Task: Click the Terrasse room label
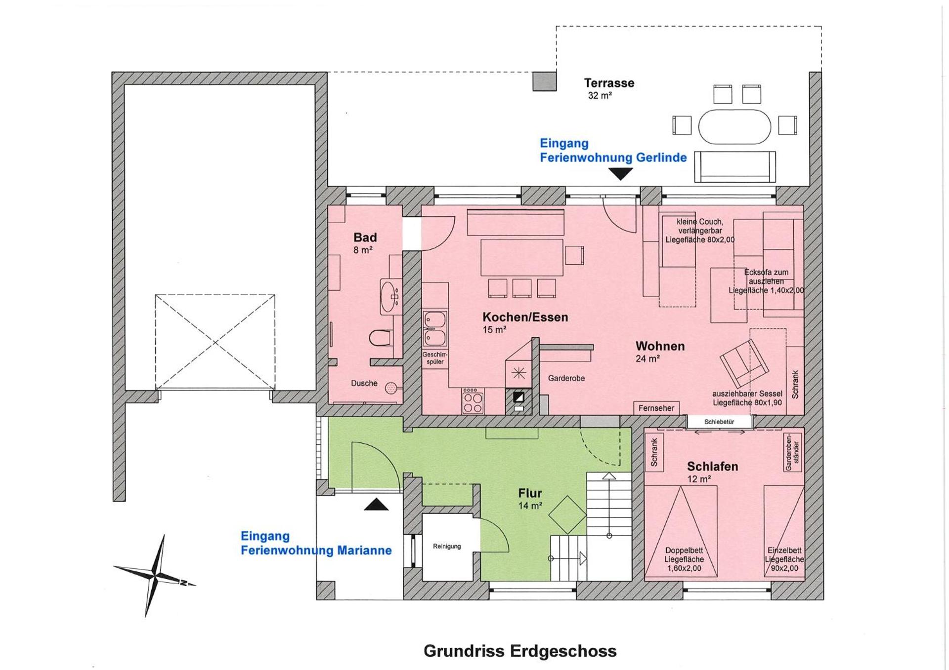pos(609,83)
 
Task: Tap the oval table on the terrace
pos(734,127)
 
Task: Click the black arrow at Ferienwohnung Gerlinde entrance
pos(620,174)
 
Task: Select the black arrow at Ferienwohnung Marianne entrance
pos(376,505)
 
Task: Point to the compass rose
pos(156,576)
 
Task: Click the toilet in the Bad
pos(380,338)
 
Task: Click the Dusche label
pos(364,383)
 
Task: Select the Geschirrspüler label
pos(435,358)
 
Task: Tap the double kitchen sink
pos(435,329)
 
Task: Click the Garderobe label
pos(566,378)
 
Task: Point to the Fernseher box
pos(656,408)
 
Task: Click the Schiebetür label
pos(719,422)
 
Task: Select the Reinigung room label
pos(447,546)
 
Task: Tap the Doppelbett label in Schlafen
pos(684,550)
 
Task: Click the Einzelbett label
pos(784,550)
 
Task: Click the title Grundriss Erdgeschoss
pos(520,651)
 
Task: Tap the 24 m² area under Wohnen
pos(647,359)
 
